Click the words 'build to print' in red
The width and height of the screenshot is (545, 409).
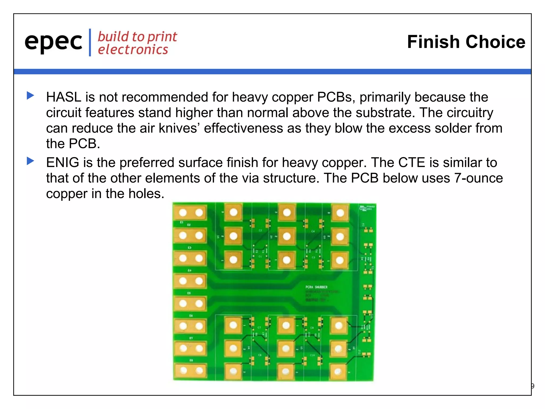(x=137, y=37)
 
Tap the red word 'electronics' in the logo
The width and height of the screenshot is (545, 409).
(x=133, y=50)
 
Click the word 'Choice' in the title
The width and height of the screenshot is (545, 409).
(x=495, y=42)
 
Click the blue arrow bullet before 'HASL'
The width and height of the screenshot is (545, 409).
(x=31, y=95)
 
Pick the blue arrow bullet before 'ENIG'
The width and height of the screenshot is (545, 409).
(x=31, y=161)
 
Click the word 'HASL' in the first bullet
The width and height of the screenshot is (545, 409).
(x=64, y=97)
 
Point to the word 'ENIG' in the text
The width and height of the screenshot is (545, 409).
(x=63, y=163)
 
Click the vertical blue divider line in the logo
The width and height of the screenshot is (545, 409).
(x=90, y=43)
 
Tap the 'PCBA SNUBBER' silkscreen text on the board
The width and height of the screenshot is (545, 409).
(x=316, y=287)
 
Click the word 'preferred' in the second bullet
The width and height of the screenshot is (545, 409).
(x=147, y=163)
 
